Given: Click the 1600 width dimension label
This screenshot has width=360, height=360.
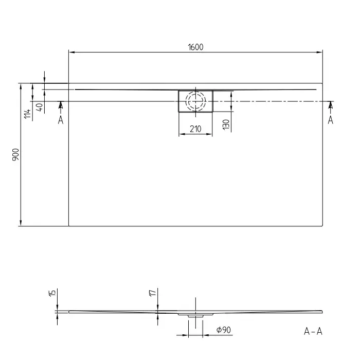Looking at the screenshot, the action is coord(195,47).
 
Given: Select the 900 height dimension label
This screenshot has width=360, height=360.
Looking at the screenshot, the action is coord(16,154).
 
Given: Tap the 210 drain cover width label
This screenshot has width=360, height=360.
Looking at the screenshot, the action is coord(195,129).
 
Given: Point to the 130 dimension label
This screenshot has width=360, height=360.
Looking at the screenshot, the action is coord(226,124).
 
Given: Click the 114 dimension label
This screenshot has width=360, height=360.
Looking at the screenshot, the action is coord(28,114).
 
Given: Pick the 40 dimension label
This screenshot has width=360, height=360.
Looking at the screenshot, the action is coord(40,107).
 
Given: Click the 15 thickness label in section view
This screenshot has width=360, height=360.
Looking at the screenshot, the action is coord(52,293).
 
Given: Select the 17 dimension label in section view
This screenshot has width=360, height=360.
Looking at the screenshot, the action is coord(153,293).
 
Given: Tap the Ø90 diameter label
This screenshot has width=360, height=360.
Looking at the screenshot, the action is coord(224,330).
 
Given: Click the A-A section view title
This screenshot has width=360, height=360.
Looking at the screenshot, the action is coord(313,331).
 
